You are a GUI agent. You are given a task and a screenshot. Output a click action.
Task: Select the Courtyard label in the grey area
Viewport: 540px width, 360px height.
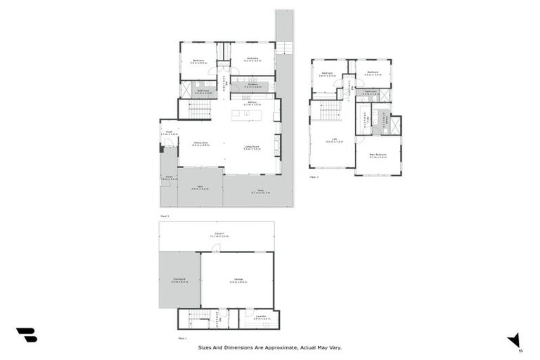pyautogui.click(x=179, y=280)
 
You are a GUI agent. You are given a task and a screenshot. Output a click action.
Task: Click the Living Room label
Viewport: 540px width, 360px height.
pyautogui.click(x=252, y=148)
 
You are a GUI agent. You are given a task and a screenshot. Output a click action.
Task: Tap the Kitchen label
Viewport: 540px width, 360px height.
pyautogui.click(x=252, y=103)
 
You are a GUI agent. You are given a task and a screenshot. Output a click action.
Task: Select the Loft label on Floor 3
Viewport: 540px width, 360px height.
pyautogui.click(x=330, y=140)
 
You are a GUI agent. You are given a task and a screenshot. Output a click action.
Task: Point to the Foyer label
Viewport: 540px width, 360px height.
pyautogui.click(x=169, y=132)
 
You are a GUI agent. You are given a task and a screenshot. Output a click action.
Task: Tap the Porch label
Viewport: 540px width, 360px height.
pyautogui.click(x=168, y=178)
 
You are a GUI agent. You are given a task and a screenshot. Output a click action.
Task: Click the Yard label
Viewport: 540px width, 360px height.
pyautogui.click(x=200, y=188)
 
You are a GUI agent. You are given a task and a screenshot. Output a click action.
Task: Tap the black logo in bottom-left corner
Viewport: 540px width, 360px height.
pyautogui.click(x=26, y=335)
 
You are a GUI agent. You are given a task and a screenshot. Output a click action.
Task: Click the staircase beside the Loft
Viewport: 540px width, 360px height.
pyautogui.click(x=330, y=110)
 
